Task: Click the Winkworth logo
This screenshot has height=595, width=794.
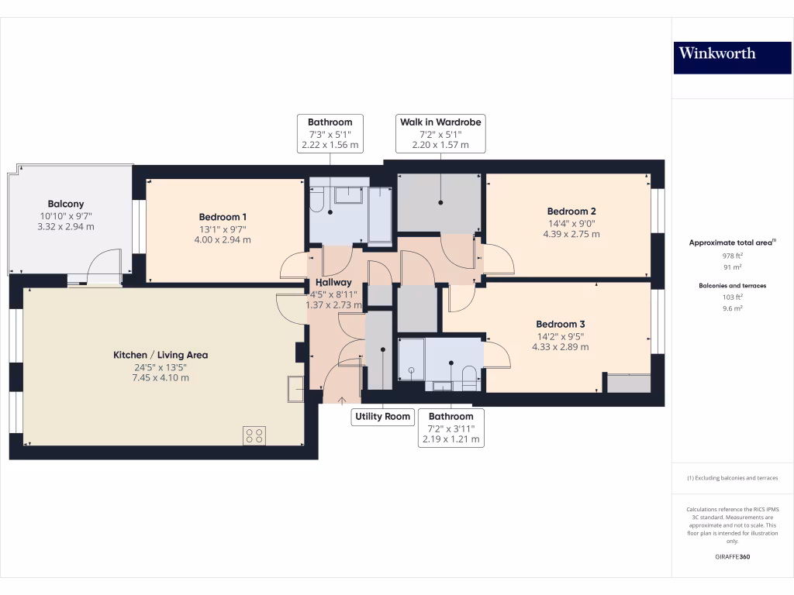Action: tap(732, 53)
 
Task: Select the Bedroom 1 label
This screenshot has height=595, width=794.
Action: tap(223, 217)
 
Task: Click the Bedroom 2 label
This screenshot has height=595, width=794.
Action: tap(571, 212)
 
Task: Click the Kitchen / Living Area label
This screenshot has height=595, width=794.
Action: tap(161, 355)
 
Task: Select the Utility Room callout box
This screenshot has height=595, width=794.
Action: tap(382, 417)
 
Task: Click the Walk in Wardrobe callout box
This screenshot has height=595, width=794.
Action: tap(440, 133)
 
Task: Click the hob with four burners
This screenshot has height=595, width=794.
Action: tap(254, 435)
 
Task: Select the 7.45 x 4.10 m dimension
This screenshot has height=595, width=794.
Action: tap(161, 378)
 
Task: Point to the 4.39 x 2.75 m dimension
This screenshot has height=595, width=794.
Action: tap(571, 234)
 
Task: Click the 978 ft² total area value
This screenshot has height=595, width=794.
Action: tap(732, 256)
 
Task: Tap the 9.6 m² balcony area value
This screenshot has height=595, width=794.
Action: tap(732, 308)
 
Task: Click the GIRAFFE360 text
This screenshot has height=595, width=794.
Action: tap(732, 557)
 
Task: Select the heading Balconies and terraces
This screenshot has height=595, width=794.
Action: tap(732, 286)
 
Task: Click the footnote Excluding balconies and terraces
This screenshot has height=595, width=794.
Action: tap(732, 478)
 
